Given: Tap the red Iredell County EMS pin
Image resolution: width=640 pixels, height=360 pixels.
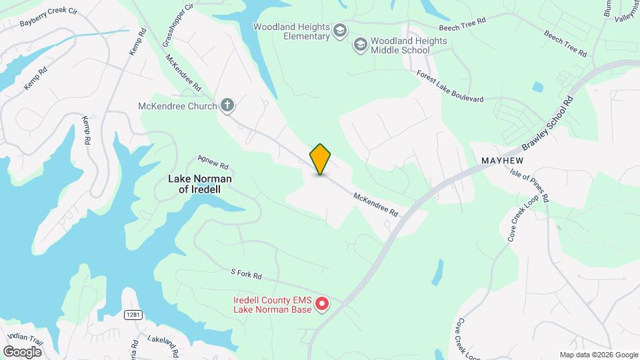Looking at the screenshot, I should (x=322, y=305).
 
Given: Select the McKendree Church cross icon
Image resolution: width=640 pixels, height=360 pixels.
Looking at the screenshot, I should (x=227, y=105).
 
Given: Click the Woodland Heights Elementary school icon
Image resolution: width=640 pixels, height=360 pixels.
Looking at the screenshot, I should (x=340, y=31).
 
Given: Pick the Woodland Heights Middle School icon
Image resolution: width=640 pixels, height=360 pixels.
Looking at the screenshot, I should (x=361, y=45).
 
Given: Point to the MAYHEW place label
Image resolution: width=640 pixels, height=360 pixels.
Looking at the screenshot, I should (x=503, y=161).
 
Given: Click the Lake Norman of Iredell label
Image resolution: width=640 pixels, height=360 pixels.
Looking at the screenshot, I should (x=200, y=184).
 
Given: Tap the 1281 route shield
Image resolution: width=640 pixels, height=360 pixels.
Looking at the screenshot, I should (x=131, y=314).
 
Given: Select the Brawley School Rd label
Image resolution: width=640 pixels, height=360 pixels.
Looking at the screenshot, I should (x=548, y=125).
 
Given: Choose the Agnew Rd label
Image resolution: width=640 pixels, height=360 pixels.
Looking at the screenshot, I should (x=213, y=162).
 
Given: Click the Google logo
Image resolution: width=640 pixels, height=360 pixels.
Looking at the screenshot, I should (x=22, y=351).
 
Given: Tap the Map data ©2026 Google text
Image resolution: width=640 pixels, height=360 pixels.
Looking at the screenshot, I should (x=598, y=355).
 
